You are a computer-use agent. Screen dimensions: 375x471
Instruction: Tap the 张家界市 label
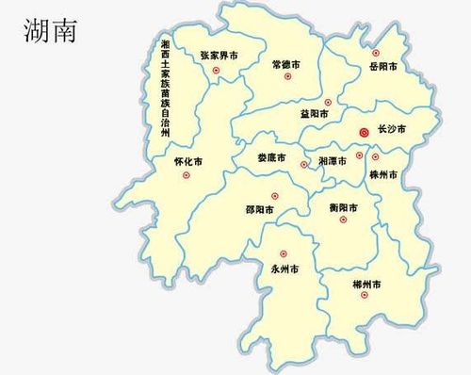pyautogui.click(x=219, y=57)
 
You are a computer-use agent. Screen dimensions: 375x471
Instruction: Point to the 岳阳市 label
pyautogui.click(x=383, y=67)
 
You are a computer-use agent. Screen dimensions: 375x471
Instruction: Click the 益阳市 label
pyautogui.click(x=315, y=114)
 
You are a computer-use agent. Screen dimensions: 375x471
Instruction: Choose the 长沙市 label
pyautogui.click(x=390, y=129)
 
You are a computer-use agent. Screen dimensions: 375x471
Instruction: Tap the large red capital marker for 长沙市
pyautogui.click(x=364, y=134)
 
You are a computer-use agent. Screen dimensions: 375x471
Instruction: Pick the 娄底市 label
pyautogui.click(x=271, y=157)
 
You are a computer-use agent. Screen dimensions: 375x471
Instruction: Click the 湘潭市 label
pyautogui.click(x=333, y=161)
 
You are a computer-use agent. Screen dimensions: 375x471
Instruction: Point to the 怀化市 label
pyautogui.click(x=188, y=161)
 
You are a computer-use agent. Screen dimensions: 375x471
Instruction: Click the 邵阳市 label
pyautogui.click(x=260, y=210)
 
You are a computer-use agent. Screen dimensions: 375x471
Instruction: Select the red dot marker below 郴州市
pyautogui.click(x=364, y=298)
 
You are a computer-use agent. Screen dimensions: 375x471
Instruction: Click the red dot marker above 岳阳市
pyautogui.click(x=376, y=52)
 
